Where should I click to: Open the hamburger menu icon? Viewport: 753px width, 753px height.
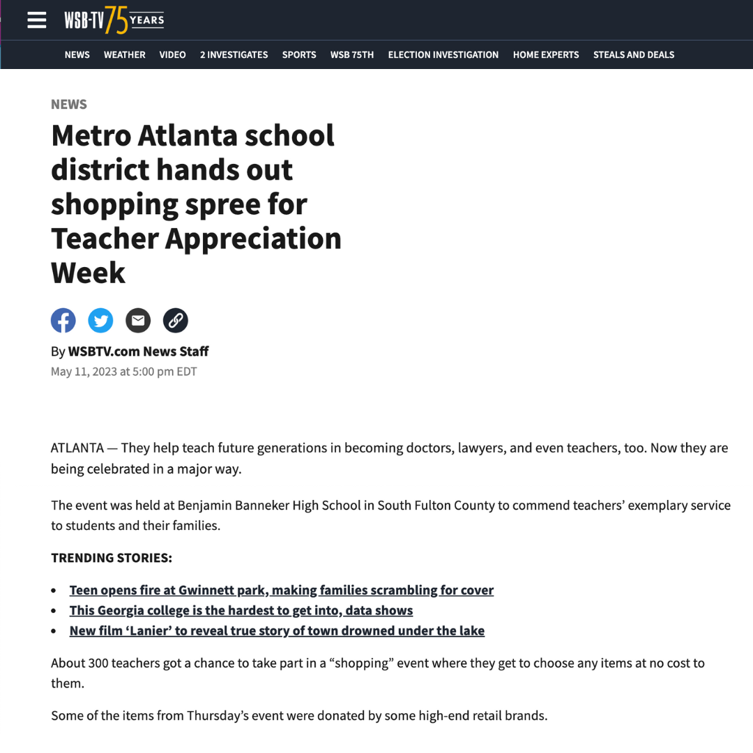click(x=36, y=20)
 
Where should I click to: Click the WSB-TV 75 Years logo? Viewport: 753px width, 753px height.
click(x=114, y=20)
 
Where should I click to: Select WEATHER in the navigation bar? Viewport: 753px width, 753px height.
click(x=125, y=55)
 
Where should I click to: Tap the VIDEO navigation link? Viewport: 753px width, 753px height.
click(x=172, y=55)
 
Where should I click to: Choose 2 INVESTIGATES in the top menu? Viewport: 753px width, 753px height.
click(x=234, y=55)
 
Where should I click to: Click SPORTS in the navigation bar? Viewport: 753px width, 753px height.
click(x=299, y=55)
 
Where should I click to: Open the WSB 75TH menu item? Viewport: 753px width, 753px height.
click(x=352, y=55)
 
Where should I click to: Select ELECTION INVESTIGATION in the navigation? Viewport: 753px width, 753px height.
click(x=443, y=55)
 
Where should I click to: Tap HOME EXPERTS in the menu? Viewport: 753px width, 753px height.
click(x=546, y=55)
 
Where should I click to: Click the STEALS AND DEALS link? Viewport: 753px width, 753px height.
click(x=634, y=55)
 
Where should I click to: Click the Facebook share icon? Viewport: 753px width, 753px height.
click(x=63, y=321)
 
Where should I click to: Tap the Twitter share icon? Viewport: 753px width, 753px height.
click(x=100, y=321)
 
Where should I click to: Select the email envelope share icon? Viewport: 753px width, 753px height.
click(x=138, y=321)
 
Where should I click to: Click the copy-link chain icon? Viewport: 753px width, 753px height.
click(x=176, y=321)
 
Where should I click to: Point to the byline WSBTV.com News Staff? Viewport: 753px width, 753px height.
click(x=138, y=351)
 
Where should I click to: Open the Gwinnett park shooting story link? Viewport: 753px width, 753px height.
click(x=281, y=591)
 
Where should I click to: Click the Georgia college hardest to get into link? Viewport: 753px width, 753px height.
click(x=241, y=611)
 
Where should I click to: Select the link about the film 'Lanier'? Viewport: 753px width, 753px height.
click(x=277, y=631)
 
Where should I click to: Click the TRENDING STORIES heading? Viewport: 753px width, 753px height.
click(x=112, y=558)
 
